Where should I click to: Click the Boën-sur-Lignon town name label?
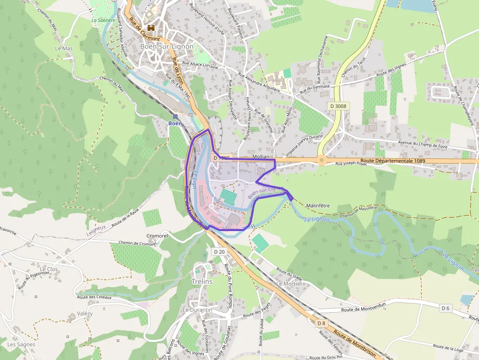point(167,46)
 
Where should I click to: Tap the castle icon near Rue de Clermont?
point(151,28)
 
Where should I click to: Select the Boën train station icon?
point(175,116)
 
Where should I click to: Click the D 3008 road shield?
point(338,106)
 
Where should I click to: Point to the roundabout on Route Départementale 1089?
point(322,159)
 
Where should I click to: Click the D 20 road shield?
point(219,252)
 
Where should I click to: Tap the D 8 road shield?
point(321,323)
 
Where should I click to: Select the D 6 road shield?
point(445,308)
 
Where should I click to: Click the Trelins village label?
point(202,282)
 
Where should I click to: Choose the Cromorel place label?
point(157,236)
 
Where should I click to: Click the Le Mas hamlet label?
point(64,49)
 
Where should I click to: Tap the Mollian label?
point(261,156)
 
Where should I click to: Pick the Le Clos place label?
point(49,269)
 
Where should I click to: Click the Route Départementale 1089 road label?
point(392,161)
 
